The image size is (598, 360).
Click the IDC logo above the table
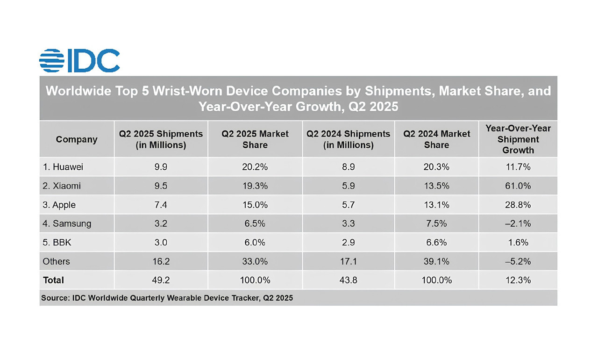[79, 61]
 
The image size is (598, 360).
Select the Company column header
[77, 139]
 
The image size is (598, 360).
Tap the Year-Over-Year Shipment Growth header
[518, 139]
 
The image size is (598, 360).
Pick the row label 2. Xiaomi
[62, 186]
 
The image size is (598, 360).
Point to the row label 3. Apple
[59, 205]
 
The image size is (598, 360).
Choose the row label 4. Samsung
[67, 223]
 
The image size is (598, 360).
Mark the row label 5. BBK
[57, 243]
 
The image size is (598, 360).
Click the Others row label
[56, 261]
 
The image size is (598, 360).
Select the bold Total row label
[53, 280]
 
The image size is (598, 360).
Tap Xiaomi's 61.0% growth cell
[518, 186]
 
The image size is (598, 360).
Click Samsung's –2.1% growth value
[518, 223]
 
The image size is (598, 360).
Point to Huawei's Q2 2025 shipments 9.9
[161, 167]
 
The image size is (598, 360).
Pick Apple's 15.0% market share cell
[255, 205]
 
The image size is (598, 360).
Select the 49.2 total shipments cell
[161, 280]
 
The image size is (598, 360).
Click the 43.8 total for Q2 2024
[348, 280]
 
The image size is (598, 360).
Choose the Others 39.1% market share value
[437, 261]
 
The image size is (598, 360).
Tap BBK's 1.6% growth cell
[518, 243]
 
